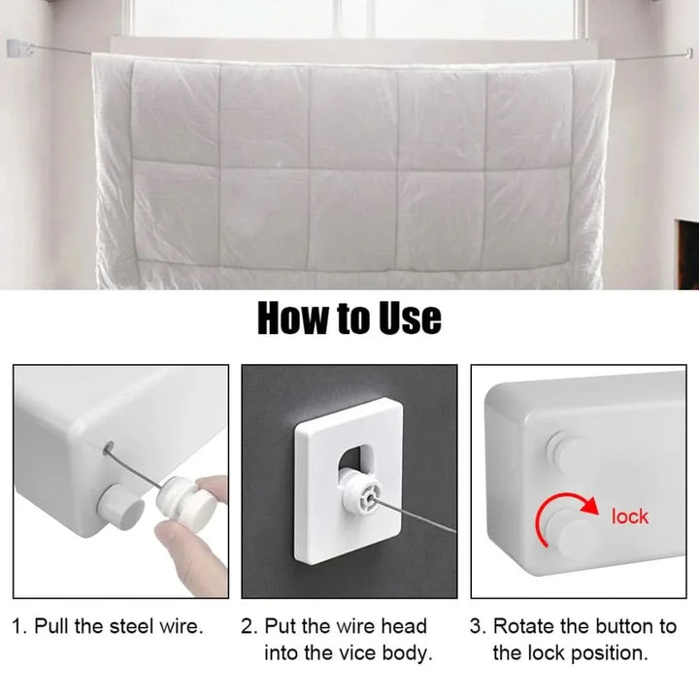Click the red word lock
(629, 516)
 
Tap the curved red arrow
(557, 502)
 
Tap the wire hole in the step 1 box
(109, 448)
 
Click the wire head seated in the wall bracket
(362, 493)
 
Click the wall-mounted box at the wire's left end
(19, 49)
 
